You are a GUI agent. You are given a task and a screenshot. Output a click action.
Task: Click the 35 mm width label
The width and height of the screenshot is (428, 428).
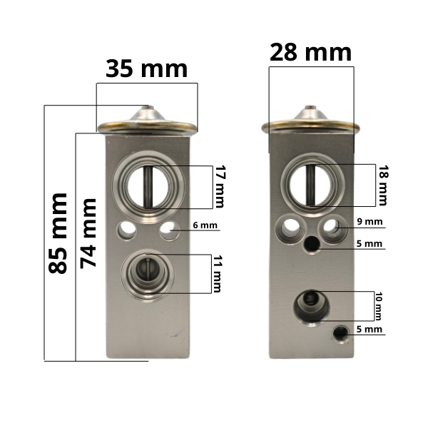tap(146, 69)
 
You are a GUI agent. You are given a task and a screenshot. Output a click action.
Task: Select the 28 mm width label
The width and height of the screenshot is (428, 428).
tap(310, 53)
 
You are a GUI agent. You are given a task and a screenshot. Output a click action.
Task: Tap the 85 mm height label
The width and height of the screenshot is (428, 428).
tap(58, 233)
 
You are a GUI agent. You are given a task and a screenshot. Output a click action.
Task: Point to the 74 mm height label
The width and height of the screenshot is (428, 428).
tap(88, 233)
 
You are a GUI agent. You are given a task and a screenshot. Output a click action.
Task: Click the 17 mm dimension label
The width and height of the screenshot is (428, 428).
tap(220, 186)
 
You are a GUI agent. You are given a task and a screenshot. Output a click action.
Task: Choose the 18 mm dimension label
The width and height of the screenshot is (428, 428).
tap(382, 185)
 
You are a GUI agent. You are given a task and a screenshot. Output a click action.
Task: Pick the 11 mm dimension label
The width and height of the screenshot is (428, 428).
tap(218, 274)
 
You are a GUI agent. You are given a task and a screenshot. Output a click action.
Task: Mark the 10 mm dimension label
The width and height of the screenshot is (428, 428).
tap(378, 306)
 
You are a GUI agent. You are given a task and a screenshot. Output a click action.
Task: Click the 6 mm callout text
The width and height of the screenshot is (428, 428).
tap(205, 225)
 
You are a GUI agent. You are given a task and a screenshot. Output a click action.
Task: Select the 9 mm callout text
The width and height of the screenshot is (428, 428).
tap(370, 222)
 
